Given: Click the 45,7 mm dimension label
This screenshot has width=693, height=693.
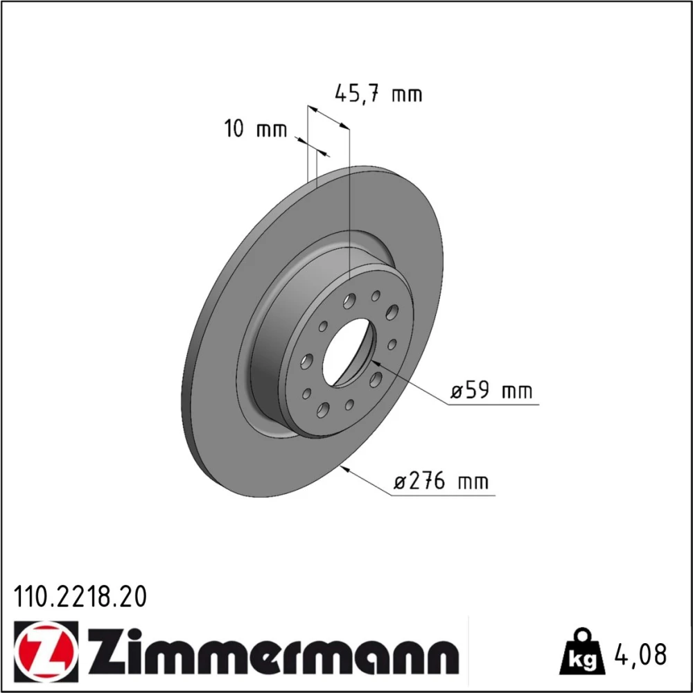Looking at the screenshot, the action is click(378, 94).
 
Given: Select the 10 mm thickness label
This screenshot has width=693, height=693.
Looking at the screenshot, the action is click(256, 129).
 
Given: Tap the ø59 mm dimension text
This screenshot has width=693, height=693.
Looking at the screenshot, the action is click(491, 391).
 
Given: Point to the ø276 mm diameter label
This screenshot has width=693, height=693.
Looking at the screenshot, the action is click(441, 481).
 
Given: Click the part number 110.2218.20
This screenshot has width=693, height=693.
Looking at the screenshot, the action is click(80, 597).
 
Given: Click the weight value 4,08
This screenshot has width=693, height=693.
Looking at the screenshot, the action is click(640, 654).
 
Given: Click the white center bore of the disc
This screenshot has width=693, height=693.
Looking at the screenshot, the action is click(349, 352).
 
